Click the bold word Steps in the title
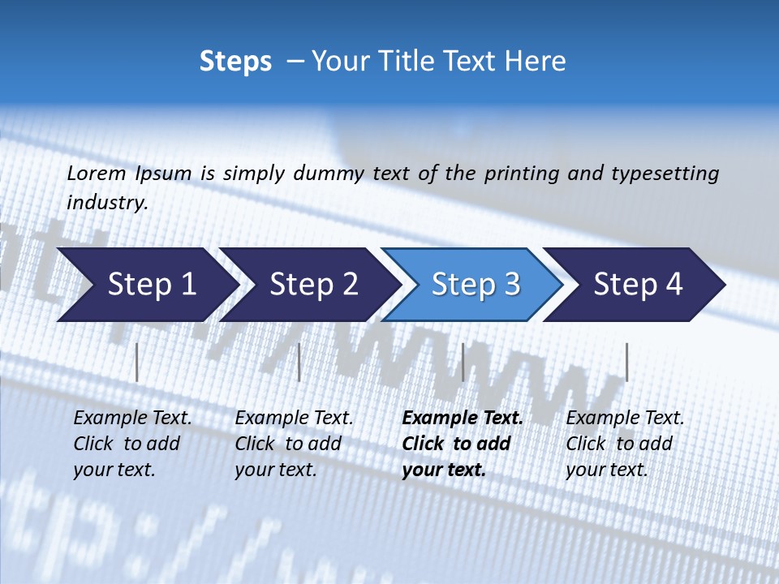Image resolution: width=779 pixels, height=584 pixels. click(235, 62)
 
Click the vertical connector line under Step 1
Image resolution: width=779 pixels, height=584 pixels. click(137, 362)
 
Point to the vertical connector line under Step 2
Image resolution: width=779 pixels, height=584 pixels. click(299, 362)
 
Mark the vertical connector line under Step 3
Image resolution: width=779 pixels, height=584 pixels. click(463, 362)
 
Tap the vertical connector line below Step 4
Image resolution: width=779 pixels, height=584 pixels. click(626, 362)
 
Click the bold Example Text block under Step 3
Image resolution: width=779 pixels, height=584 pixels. click(461, 444)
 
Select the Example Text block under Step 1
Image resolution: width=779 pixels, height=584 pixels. click(131, 444)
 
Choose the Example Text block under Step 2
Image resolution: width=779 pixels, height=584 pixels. click(293, 444)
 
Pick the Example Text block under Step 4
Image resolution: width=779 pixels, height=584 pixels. click(624, 444)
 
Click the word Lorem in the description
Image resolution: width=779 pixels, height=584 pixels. click(97, 173)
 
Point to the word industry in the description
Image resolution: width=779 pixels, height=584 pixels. click(107, 203)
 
